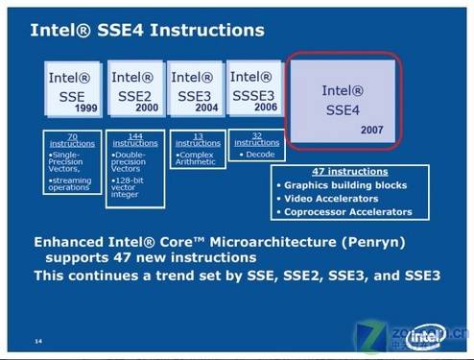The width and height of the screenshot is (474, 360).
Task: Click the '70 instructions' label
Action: pyautogui.click(x=72, y=141)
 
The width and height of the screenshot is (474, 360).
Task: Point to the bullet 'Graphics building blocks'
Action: pyautogui.click(x=345, y=185)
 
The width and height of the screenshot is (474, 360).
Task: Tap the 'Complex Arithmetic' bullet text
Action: pyautogui.click(x=196, y=159)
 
